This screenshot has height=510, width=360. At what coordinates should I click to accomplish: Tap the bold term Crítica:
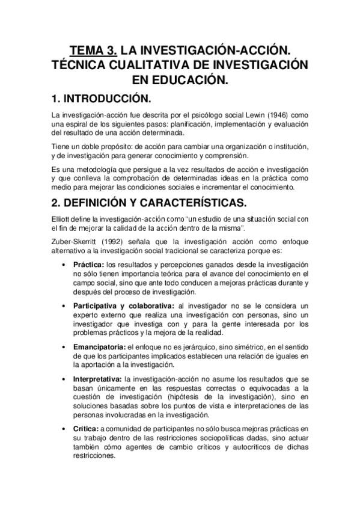(86, 428)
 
